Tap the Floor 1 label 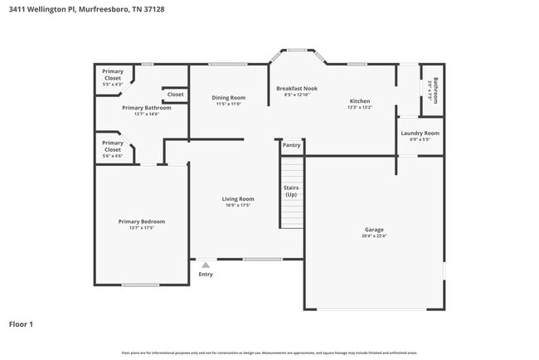(x=21, y=324)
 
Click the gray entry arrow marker (x=206, y=265)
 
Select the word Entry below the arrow (x=206, y=275)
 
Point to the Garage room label (x=374, y=230)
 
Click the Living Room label (x=238, y=198)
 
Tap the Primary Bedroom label (x=141, y=221)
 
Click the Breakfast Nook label (x=296, y=88)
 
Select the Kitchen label (x=360, y=101)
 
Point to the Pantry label (x=291, y=145)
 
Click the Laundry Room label (x=420, y=133)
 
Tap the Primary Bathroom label (x=146, y=108)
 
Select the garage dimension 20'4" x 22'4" (x=374, y=236)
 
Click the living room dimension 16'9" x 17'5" (x=238, y=205)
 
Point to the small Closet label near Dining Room (x=175, y=95)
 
